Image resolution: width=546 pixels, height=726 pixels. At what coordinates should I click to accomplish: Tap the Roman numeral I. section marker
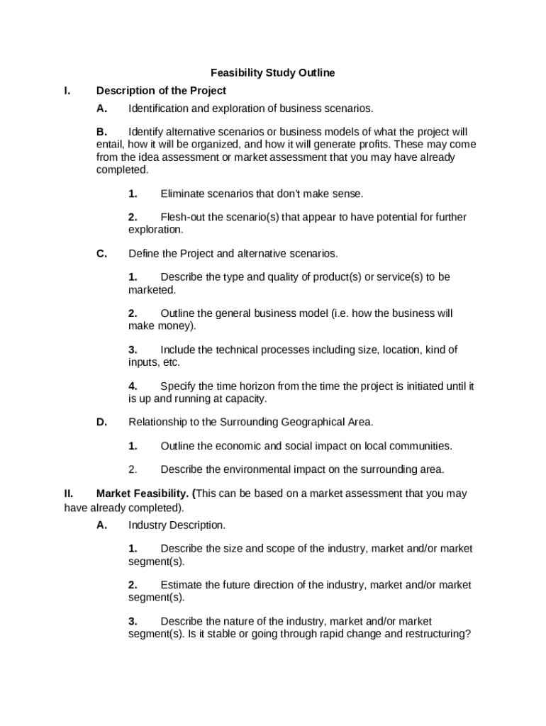(x=67, y=91)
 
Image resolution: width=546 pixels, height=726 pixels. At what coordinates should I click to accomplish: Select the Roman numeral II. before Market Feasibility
(x=69, y=493)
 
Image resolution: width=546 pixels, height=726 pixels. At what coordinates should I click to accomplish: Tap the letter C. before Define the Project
(x=102, y=254)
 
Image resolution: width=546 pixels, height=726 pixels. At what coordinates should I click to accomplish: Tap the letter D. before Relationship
(x=102, y=423)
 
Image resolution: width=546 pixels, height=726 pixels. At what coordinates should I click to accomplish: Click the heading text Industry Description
(x=177, y=525)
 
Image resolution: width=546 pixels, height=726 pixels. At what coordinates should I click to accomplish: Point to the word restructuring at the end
(x=435, y=635)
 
